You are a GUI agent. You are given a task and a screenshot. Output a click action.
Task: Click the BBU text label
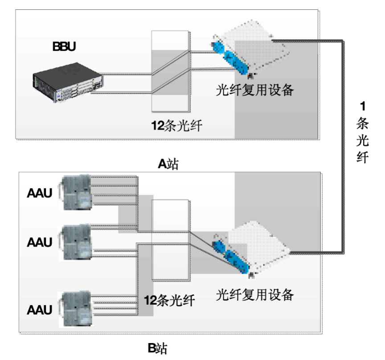coord(64,46)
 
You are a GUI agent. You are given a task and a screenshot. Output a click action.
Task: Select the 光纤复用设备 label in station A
coord(255,91)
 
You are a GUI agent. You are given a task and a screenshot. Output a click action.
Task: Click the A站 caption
coord(168,164)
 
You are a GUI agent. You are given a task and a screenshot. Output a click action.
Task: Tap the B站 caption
coord(158,348)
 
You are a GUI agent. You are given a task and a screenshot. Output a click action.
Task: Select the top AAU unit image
coord(76,191)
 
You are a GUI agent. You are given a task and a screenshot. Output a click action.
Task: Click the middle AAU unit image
coord(76,242)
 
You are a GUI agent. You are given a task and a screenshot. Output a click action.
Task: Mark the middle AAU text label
coord(39,243)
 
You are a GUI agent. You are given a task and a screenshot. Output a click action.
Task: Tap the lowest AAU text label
coord(39,308)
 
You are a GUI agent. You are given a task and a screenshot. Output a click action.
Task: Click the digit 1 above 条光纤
coord(362,106)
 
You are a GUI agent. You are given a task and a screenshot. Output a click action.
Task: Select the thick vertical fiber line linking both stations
coord(344,147)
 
